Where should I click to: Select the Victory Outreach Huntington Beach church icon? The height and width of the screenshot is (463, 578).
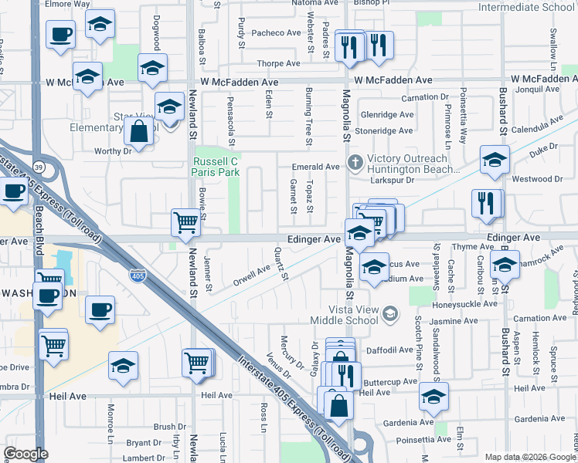(355, 162)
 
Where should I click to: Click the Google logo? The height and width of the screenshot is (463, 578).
(25, 454)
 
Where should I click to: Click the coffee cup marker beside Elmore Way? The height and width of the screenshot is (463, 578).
(59, 35)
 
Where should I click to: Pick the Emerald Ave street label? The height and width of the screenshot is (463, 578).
(315, 167)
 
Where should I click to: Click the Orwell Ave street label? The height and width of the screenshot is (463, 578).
(252, 274)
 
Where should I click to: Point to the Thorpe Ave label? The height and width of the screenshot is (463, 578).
(279, 64)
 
